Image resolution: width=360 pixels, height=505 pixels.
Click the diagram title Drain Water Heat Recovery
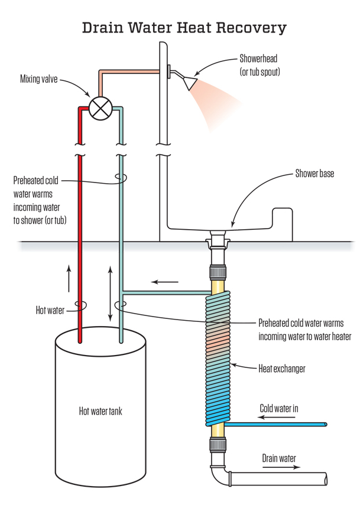184,28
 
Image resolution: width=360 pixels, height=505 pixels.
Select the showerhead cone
190,83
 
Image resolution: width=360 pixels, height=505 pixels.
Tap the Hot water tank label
100,410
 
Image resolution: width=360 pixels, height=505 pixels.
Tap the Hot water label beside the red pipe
50,309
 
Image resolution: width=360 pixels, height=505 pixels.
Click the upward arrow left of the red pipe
69,278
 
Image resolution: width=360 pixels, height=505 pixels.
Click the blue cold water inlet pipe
278,425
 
